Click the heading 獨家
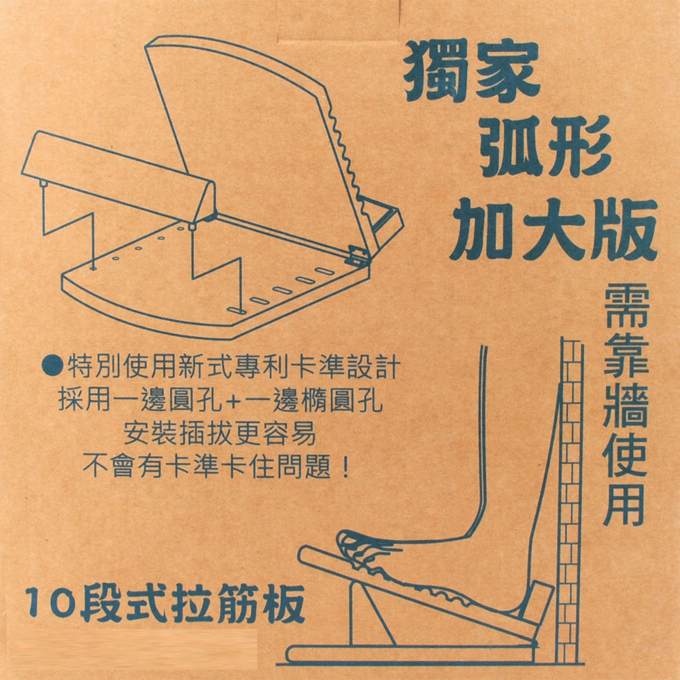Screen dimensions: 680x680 click(x=472, y=71)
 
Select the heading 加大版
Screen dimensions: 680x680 click(x=554, y=229)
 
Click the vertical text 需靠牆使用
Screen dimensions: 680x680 click(x=626, y=405)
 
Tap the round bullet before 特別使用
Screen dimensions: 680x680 click(x=52, y=366)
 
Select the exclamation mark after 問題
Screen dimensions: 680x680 click(x=345, y=466)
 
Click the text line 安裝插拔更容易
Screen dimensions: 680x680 click(x=220, y=433)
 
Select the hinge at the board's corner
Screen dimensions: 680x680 click(x=358, y=256)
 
